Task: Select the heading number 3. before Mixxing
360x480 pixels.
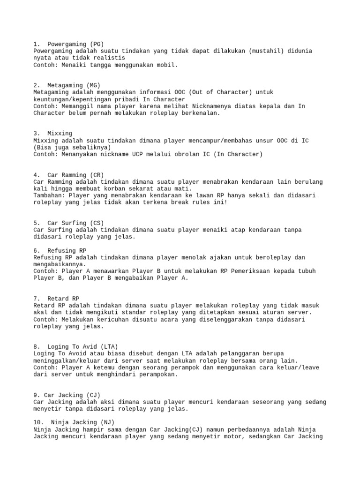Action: (37, 134)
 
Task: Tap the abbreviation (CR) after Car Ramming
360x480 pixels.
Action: (97, 175)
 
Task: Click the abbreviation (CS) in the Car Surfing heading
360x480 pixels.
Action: (97, 223)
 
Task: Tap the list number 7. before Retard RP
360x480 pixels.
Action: (37, 298)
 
